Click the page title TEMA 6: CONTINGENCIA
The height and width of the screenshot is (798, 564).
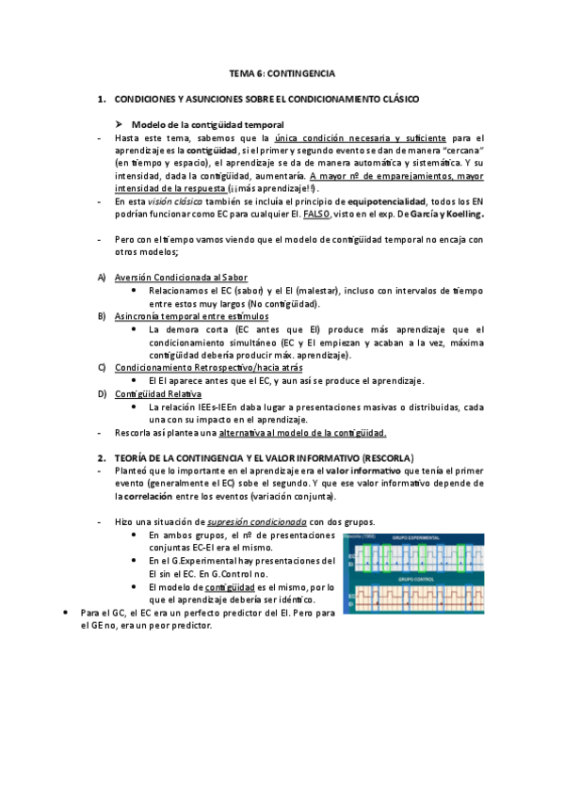click(282, 72)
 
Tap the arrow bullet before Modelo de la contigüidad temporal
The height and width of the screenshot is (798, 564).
click(120, 124)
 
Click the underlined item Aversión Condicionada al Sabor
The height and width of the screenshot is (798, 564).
click(174, 278)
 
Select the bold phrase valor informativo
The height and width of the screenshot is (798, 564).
click(363, 471)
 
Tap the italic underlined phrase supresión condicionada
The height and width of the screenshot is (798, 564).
click(269, 522)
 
